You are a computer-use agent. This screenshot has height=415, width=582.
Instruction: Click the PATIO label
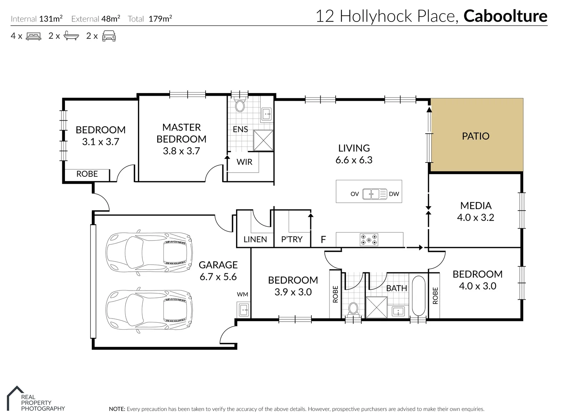coord(476,136)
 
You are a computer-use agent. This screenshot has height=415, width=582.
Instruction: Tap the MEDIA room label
coord(476,206)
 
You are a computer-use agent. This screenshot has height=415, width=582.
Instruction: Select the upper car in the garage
coord(149,253)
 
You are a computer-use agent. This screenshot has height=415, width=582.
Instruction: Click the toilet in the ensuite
coord(240,105)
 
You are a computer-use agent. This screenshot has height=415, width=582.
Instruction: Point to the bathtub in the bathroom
coord(418,295)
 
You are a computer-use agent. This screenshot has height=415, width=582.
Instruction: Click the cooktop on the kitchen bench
coord(369,240)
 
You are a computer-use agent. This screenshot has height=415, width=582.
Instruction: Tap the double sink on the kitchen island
coord(375,194)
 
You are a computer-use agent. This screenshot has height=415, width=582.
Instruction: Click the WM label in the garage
coord(242,294)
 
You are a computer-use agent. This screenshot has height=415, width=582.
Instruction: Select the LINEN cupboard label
coord(255,239)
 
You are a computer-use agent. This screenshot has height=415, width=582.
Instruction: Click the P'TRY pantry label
coord(292,239)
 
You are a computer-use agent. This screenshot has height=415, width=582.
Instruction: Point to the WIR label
coord(244,162)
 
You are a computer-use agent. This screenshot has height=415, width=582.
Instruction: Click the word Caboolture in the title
coord(505,16)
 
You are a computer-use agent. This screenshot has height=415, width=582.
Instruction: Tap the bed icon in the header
coord(33,36)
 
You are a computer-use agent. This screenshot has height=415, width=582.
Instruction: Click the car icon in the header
coord(109,36)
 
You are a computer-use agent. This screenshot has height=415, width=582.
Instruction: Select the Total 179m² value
coord(160,19)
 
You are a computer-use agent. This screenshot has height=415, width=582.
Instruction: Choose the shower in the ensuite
coord(263,141)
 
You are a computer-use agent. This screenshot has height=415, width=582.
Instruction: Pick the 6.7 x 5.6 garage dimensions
coord(218,277)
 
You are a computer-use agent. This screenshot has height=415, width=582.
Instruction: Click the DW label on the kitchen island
coord(394,194)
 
